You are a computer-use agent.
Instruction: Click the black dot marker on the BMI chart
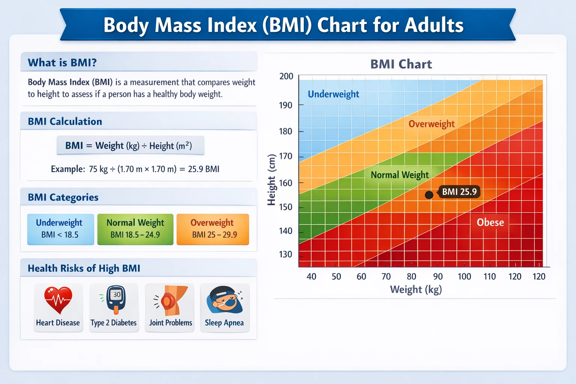pos(429,195)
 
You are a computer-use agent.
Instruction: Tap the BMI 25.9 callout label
pos(459,192)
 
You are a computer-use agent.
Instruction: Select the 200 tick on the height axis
pos(286,76)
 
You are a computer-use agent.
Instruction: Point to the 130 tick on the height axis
pos(285,254)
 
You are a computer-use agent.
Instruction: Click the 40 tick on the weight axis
pos(311,276)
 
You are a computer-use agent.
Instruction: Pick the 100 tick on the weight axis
pos(464,276)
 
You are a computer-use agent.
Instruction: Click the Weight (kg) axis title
pos(416,289)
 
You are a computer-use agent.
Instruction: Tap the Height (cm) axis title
pos(271,180)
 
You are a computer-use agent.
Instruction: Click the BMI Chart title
pos(401,64)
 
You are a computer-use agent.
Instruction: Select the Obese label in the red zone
pos(490,222)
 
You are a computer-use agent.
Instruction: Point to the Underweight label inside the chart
pos(333,94)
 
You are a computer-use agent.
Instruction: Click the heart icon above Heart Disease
pos(58,300)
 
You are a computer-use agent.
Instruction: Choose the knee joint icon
pos(172,300)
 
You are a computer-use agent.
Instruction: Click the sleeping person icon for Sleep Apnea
pos(224,300)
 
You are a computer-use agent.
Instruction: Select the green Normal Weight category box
pos(135,229)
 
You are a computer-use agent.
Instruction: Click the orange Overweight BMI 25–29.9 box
pos(213,229)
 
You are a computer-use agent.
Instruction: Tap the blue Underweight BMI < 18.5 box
pos(60,229)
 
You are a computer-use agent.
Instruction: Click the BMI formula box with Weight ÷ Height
pos(130,145)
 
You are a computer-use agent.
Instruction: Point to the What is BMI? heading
pos(62,62)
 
